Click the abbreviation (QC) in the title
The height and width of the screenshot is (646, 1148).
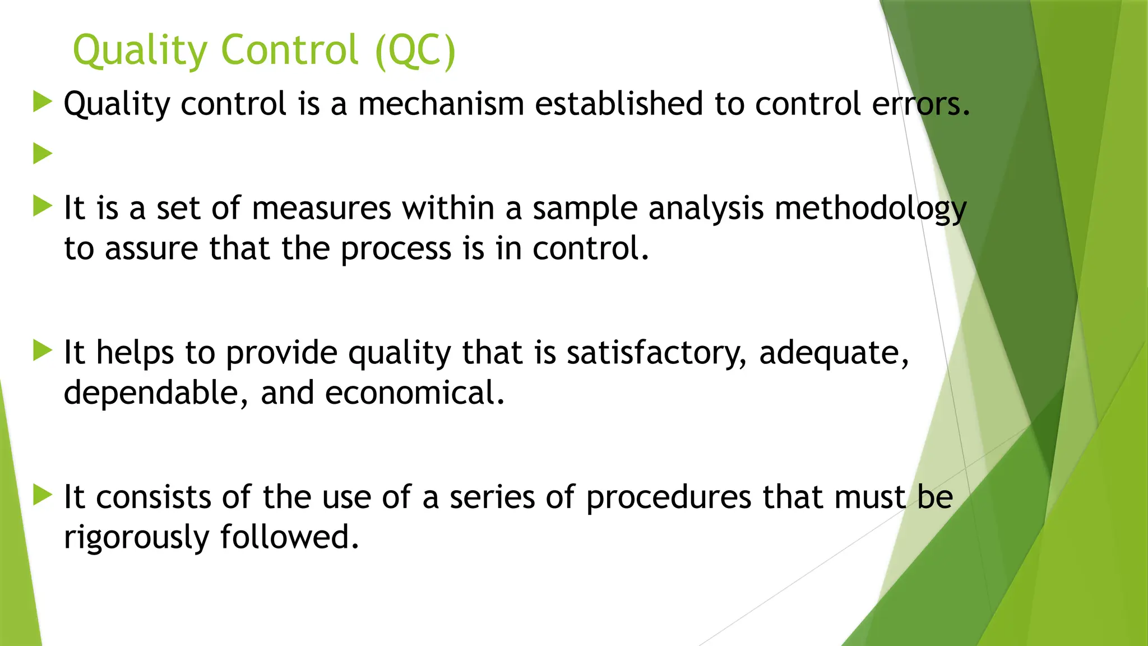coord(415,50)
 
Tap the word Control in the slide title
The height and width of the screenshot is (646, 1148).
coord(290,50)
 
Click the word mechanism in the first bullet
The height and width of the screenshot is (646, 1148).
coord(441,104)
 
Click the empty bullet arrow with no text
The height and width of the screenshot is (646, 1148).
coord(43,153)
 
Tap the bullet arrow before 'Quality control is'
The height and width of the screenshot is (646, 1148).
coord(43,102)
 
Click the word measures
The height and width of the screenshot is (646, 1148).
coord(322,209)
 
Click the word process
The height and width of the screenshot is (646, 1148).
coord(396,249)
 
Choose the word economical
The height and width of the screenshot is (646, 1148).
coord(415,393)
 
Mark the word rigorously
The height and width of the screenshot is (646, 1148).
coord(136,538)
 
